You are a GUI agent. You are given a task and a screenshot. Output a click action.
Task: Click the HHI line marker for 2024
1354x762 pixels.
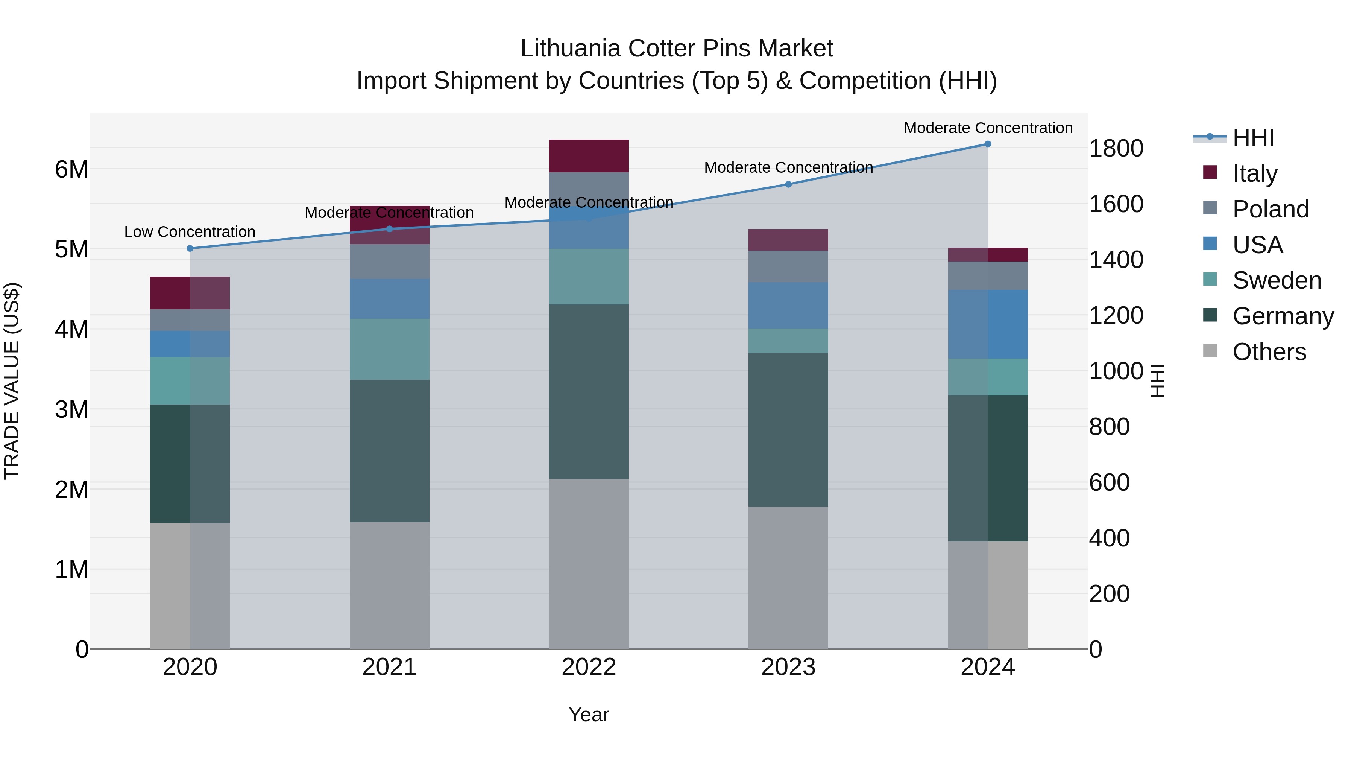[x=988, y=144]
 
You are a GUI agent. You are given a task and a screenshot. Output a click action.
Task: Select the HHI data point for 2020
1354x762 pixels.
[x=190, y=249]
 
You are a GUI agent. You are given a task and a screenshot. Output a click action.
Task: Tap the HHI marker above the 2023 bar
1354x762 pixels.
[x=788, y=185]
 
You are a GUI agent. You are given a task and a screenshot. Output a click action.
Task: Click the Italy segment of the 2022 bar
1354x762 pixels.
[x=589, y=156]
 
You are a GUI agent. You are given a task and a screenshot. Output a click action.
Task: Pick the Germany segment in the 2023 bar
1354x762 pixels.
[x=788, y=430]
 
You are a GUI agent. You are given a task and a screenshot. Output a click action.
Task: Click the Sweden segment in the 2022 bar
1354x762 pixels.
[x=589, y=277]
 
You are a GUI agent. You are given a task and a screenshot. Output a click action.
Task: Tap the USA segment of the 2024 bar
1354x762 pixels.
[x=988, y=324]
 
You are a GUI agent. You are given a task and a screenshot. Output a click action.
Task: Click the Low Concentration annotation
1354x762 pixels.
[x=190, y=232]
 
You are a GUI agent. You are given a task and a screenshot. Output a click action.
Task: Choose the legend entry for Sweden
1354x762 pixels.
[x=1276, y=280]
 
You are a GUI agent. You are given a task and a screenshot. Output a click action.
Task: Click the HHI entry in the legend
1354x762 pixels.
[x=1253, y=138]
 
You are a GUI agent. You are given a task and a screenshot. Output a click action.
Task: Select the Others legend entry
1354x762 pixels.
[x=1269, y=352]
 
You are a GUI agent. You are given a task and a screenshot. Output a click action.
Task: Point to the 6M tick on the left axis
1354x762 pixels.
[x=71, y=170]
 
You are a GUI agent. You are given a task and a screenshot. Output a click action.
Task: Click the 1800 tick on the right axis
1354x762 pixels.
[x=1116, y=148]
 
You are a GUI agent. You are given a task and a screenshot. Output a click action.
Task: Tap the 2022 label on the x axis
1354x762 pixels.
[x=589, y=667]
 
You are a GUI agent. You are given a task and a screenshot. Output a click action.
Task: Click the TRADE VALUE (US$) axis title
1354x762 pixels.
[x=12, y=381]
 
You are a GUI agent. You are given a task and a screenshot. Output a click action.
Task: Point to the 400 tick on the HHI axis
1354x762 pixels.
[x=1109, y=538]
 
